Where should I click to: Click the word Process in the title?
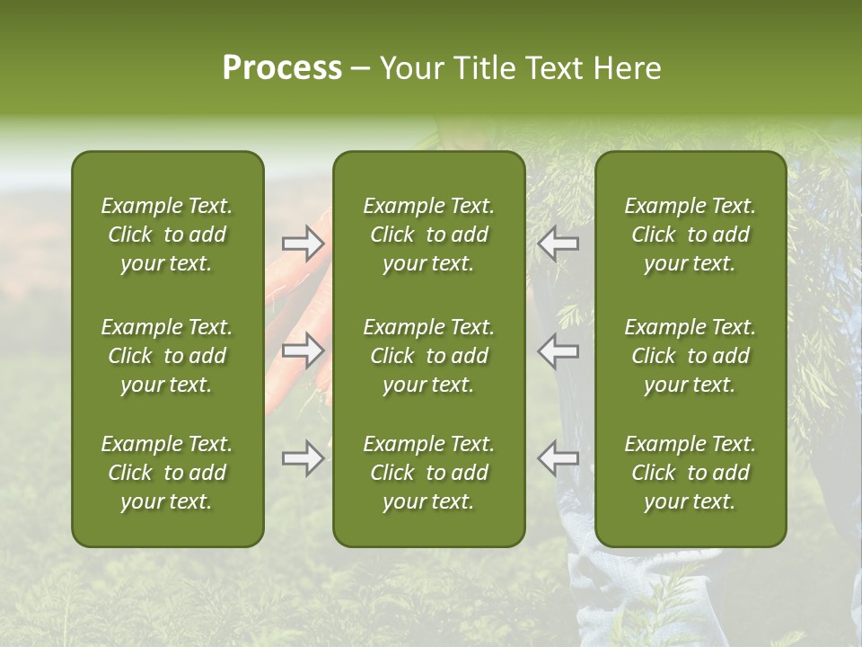point(282,68)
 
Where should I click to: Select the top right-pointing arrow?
point(303,244)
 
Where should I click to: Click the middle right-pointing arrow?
point(303,350)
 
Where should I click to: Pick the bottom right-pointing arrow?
point(303,458)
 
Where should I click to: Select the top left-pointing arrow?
point(559,244)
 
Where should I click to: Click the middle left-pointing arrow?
point(559,350)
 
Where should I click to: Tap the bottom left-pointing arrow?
point(559,458)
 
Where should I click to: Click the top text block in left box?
point(167,235)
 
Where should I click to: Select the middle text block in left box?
point(167,356)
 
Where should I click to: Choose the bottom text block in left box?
point(167,473)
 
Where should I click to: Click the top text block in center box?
point(428,235)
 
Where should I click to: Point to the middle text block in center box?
point(428,356)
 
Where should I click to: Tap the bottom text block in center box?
point(428,473)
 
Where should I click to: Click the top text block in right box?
point(690,235)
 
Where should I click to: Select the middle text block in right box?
point(690,356)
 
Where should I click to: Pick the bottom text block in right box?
point(690,473)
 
